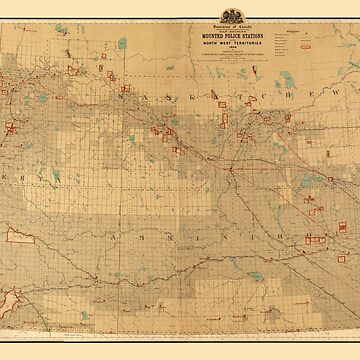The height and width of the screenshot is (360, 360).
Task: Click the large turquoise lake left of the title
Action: click(122, 44)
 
